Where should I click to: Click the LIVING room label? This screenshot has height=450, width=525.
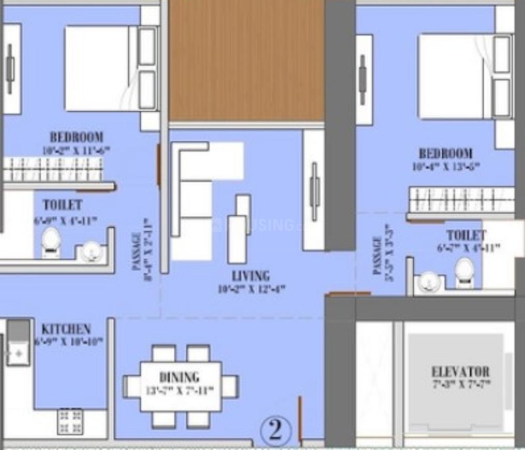pos(250,276)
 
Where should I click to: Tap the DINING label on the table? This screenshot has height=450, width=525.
pos(179,377)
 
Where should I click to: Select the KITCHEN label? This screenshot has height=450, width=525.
pos(66,329)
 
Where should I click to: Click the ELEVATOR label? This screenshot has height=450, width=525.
pos(460,372)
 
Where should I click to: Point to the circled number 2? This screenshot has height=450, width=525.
pos(275,430)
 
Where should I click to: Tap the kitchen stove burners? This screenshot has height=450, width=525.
pos(70,421)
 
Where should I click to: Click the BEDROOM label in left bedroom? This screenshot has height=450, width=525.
pos(77,138)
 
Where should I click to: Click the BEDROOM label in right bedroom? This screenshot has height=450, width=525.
pos(445,154)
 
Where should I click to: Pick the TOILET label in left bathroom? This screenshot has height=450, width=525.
pos(63,205)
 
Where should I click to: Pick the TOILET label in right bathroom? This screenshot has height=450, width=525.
pos(466,236)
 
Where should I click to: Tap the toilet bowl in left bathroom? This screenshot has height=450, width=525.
pos(51,242)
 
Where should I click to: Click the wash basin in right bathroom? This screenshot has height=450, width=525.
pos(429,282)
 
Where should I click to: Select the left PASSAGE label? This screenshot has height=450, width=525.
pos(137,251)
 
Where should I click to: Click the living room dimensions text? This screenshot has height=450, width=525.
pos(251,289)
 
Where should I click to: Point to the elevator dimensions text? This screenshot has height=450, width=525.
pos(460,384)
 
